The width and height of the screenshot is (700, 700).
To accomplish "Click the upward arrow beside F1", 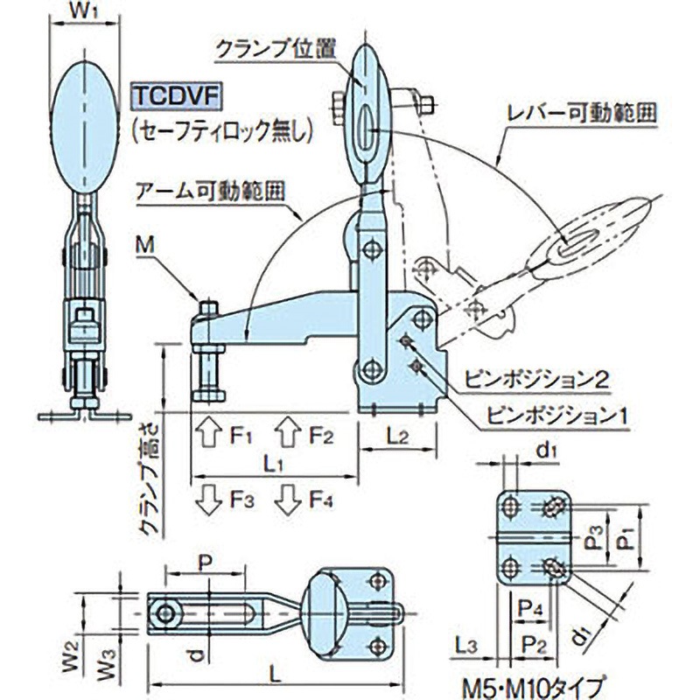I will (207, 433).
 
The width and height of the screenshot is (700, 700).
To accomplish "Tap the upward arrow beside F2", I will (286, 433).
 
